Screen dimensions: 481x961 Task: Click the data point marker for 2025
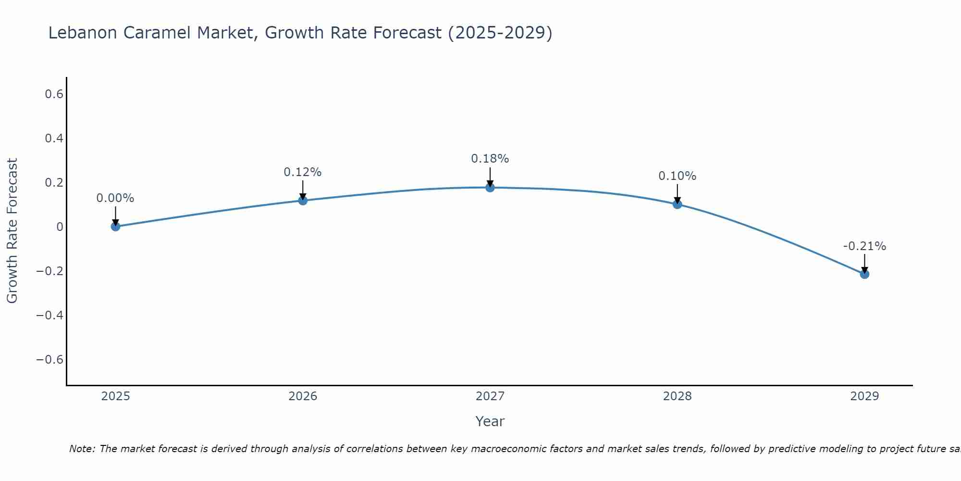click(115, 227)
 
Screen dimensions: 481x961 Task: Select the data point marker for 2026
click(303, 200)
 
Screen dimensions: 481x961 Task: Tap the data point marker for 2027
click(490, 187)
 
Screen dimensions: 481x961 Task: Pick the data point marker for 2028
click(677, 204)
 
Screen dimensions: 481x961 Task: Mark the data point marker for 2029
click(864, 274)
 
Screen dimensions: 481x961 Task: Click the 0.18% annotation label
click(490, 159)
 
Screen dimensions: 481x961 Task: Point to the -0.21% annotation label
click(864, 246)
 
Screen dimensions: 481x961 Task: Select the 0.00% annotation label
click(115, 198)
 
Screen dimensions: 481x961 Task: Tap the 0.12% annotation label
click(302, 172)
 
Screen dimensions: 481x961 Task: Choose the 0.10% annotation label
click(677, 176)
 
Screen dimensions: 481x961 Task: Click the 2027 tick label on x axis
click(490, 396)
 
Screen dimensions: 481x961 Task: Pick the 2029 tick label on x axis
click(864, 396)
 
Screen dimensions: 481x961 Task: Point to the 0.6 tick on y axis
click(54, 94)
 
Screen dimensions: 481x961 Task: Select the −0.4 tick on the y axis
click(49, 316)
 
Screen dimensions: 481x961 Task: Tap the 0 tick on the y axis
click(60, 227)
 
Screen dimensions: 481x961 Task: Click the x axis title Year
click(490, 422)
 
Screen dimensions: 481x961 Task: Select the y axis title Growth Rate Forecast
click(12, 231)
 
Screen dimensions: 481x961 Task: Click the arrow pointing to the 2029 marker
click(864, 262)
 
